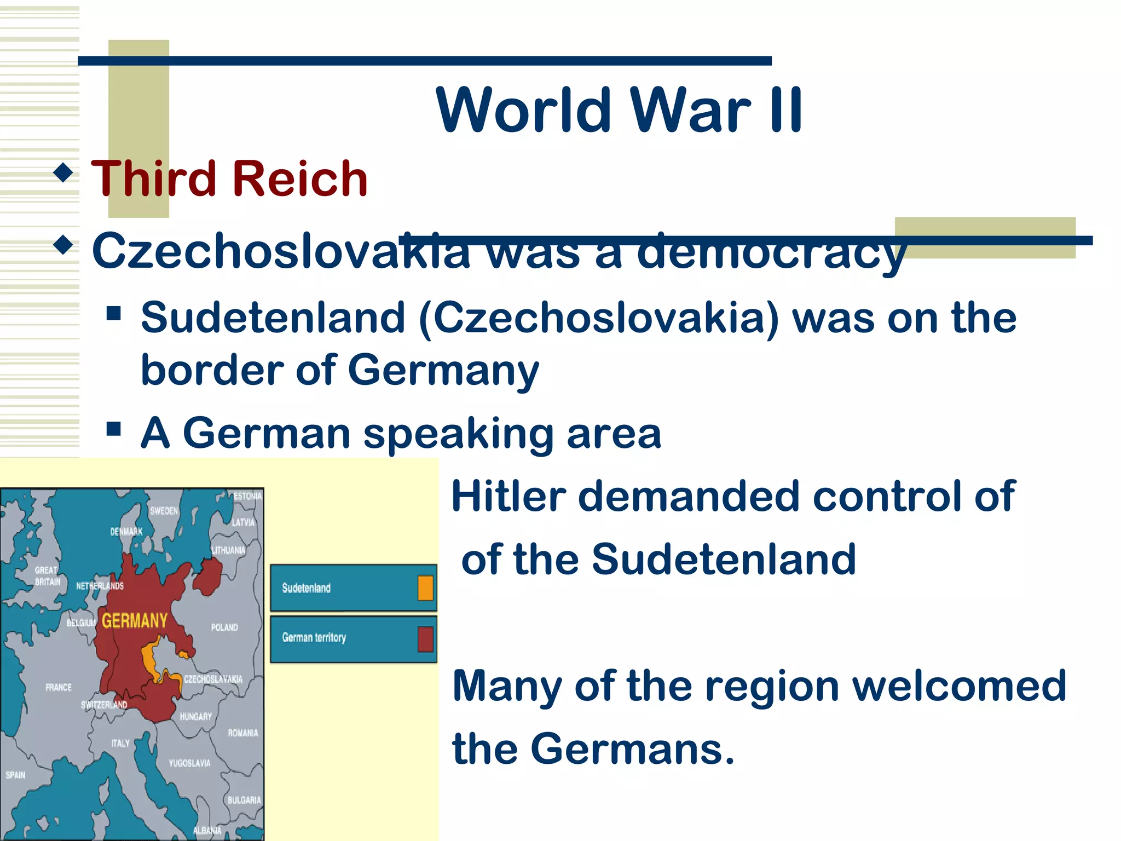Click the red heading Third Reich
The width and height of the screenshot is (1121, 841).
point(229,178)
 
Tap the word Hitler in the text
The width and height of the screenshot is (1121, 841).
point(509,497)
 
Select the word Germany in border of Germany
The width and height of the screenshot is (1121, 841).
point(443,370)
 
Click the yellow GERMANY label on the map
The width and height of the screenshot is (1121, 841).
point(135,621)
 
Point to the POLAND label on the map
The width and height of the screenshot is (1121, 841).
point(224,627)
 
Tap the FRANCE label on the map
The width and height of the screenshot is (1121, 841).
point(59,687)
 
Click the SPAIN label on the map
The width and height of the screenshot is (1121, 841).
point(15,775)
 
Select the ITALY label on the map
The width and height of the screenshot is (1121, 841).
point(120,743)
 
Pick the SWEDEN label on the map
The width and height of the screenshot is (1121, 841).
point(164,511)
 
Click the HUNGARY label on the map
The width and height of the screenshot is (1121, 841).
point(195,716)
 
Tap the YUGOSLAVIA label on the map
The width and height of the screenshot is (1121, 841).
point(189,763)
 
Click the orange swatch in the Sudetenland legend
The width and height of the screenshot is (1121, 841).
point(425,588)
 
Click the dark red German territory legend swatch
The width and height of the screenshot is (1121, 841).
point(425,638)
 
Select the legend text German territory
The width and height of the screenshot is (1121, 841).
point(314,637)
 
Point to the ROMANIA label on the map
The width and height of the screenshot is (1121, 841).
point(242,733)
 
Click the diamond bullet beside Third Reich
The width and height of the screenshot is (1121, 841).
point(64,173)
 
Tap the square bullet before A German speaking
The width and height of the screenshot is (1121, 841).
point(113,429)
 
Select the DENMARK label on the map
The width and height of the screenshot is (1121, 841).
point(126,531)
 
